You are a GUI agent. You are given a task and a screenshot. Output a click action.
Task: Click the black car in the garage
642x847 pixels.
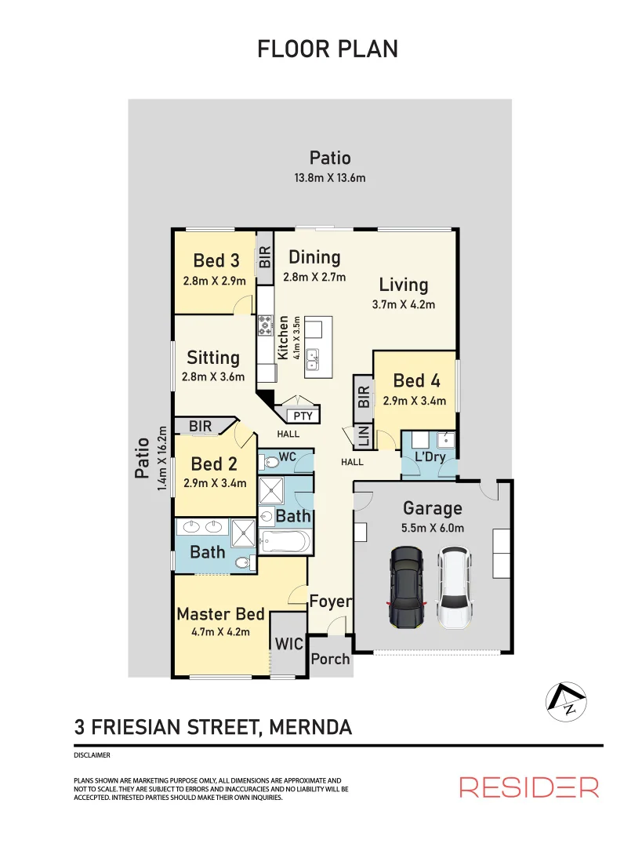pyautogui.click(x=406, y=588)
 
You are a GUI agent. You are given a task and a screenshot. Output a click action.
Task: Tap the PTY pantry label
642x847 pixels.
pyautogui.click(x=302, y=416)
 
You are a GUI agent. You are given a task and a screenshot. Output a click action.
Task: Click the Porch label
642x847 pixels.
pyautogui.click(x=330, y=659)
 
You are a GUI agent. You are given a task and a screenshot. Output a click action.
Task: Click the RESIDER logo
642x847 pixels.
pyautogui.click(x=529, y=787)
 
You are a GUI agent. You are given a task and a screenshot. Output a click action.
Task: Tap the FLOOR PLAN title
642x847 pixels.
pyautogui.click(x=328, y=49)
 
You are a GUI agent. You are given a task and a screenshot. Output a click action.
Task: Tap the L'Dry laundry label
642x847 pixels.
pyautogui.click(x=430, y=456)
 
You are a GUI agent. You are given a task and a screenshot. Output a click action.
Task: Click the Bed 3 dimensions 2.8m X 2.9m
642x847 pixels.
pyautogui.click(x=214, y=282)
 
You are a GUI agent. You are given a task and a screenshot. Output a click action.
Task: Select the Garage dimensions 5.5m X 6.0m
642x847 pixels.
pyautogui.click(x=432, y=528)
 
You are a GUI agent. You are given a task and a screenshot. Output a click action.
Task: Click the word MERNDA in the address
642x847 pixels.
pyautogui.click(x=310, y=727)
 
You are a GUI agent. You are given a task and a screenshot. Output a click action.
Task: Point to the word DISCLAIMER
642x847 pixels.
pyautogui.click(x=91, y=755)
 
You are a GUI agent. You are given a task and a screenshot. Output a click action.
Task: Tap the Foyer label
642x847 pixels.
pyautogui.click(x=330, y=602)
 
